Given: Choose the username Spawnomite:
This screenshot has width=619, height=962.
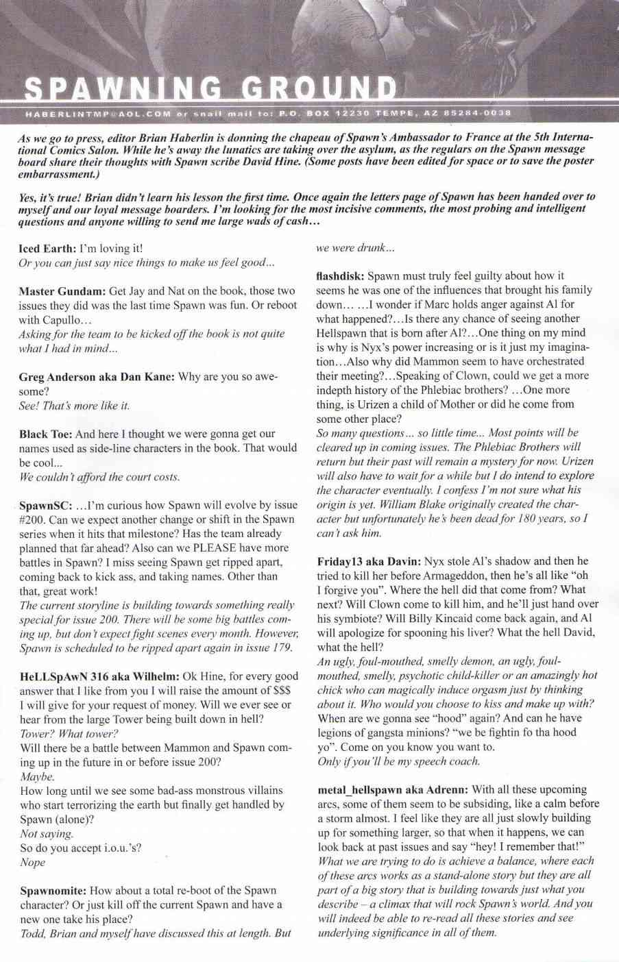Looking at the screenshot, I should click(x=53, y=890).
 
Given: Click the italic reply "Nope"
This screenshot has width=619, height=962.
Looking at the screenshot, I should click(x=33, y=862).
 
